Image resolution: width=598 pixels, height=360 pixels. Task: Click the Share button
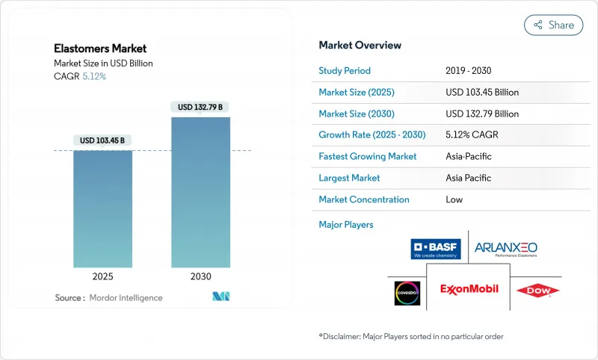tap(553, 25)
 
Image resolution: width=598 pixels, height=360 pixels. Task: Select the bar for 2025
tap(102, 208)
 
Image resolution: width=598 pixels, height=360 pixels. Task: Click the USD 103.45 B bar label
tap(102, 140)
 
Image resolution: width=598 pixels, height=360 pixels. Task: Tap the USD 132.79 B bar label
tap(200, 107)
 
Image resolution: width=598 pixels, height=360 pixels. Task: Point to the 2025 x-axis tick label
tap(102, 276)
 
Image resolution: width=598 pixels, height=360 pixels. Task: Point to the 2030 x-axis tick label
tap(200, 276)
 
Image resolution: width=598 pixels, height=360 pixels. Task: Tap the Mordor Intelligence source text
tap(125, 298)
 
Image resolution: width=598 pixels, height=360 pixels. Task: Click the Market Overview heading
tap(360, 46)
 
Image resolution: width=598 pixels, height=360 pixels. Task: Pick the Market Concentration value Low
tap(454, 199)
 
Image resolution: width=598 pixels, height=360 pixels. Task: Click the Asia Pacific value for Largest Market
tap(469, 178)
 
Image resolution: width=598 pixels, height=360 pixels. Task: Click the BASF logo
tap(436, 249)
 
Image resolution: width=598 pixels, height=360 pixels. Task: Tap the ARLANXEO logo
tap(506, 249)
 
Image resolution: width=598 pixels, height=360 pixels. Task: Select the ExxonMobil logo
tap(469, 289)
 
